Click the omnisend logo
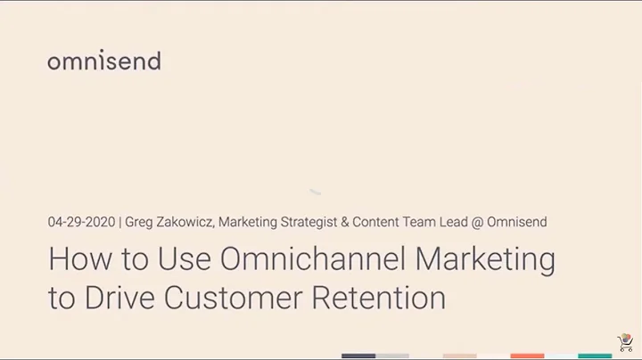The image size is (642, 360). coord(104,61)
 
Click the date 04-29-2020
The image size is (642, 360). coord(82,221)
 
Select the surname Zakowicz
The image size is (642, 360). coord(185,221)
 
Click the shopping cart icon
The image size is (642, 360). coord(626,344)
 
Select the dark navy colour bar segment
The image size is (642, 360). coord(358,356)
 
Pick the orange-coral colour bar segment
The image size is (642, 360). coord(527,356)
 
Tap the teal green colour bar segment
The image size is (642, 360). coord(595,356)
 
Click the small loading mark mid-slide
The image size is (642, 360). coord(315,191)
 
